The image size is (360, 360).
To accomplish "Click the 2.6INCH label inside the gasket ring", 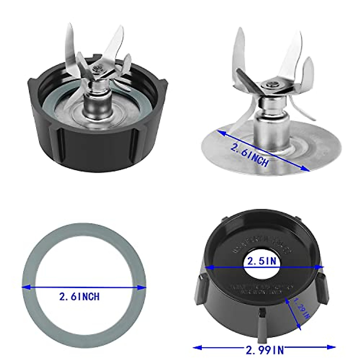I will coord(79,297).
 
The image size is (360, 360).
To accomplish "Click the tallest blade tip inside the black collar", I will coord(70,25).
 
